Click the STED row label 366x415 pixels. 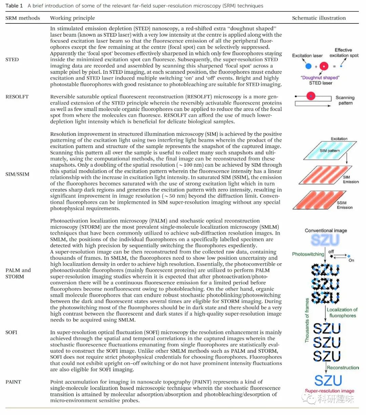tap(12, 60)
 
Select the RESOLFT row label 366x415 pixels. tap(17, 97)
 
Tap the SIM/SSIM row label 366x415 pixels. tap(17, 174)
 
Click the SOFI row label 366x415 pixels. tap(11, 332)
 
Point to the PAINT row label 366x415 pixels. tap(13, 382)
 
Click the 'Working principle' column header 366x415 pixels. tap(72, 18)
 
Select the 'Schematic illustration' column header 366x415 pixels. tap(319, 18)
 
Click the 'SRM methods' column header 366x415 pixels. tap(23, 18)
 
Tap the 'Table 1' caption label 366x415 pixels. tap(14, 6)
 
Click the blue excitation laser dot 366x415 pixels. tap(308, 66)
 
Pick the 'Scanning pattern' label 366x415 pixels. tap(345, 100)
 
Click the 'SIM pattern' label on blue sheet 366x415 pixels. tap(329, 150)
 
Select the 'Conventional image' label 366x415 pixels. tap(326, 230)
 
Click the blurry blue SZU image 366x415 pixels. tap(325, 240)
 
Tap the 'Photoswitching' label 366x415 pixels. tap(308, 254)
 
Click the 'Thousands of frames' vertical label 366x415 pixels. tap(307, 320)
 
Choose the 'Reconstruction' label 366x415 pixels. tap(343, 368)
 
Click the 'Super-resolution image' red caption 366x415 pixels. tap(329, 391)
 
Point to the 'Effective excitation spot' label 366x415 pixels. tap(344, 53)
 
